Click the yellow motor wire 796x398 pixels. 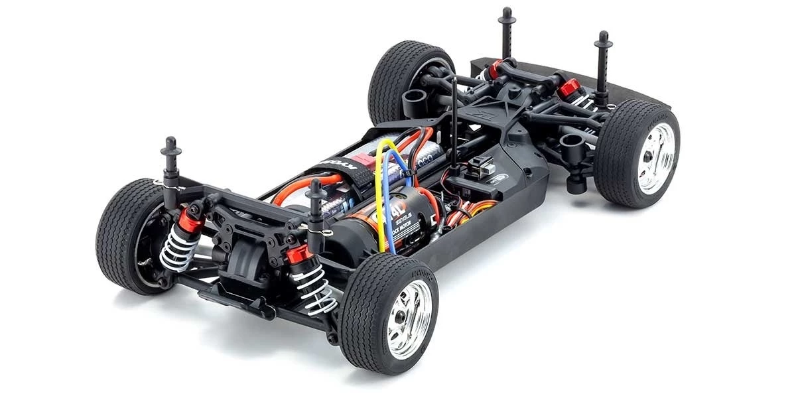pos(379,199)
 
